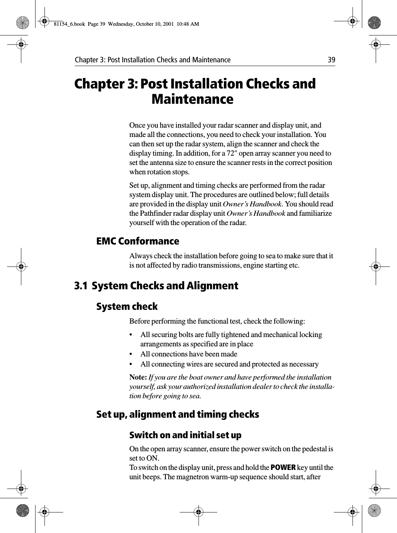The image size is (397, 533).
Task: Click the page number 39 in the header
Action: (331, 60)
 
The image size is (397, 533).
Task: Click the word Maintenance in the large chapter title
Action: (193, 100)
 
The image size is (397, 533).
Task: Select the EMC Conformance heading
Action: (138, 241)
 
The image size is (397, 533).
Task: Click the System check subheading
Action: (127, 307)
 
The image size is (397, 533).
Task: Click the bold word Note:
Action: (138, 377)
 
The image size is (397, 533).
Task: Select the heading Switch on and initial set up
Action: (185, 435)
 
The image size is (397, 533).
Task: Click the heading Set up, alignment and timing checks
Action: (178, 415)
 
